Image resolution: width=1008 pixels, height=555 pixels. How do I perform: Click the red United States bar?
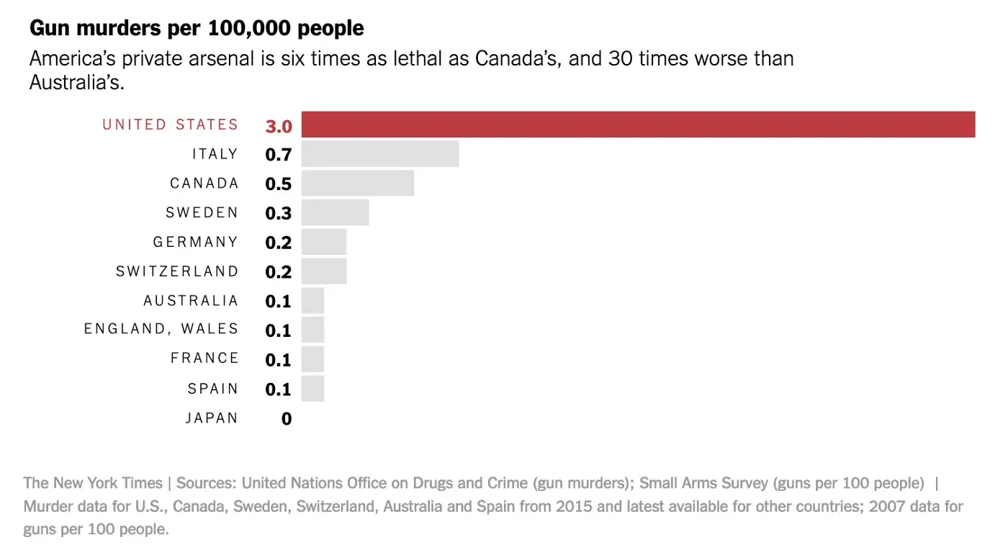[x=638, y=125]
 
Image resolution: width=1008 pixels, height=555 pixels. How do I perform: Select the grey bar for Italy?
[x=380, y=154]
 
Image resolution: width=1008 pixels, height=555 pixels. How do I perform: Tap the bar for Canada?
[x=357, y=184]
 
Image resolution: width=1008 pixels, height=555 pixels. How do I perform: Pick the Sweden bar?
[x=335, y=212]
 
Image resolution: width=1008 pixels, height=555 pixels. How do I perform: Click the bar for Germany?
[x=324, y=242]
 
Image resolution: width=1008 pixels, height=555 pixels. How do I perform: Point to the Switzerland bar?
[x=324, y=271]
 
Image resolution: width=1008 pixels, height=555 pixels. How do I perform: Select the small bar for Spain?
[x=312, y=389]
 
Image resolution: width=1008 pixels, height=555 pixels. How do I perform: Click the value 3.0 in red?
[x=278, y=126]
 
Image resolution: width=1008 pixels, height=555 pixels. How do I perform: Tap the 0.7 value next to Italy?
[x=278, y=155]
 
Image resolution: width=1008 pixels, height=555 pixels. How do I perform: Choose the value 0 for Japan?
[x=287, y=419]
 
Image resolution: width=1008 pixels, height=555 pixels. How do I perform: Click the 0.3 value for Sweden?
[x=278, y=214]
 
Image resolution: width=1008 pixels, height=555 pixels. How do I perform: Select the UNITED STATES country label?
[x=170, y=125]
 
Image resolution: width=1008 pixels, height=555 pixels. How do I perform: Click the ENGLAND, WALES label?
[x=161, y=329]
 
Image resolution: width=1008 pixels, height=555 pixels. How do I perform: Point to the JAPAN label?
[x=212, y=418]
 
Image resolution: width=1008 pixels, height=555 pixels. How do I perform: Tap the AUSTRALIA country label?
[x=191, y=300]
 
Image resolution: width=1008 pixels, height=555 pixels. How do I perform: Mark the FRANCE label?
[x=204, y=358]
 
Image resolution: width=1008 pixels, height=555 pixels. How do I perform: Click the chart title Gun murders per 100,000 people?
[x=197, y=29]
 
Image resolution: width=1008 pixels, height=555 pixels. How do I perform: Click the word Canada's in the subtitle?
[x=516, y=58]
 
